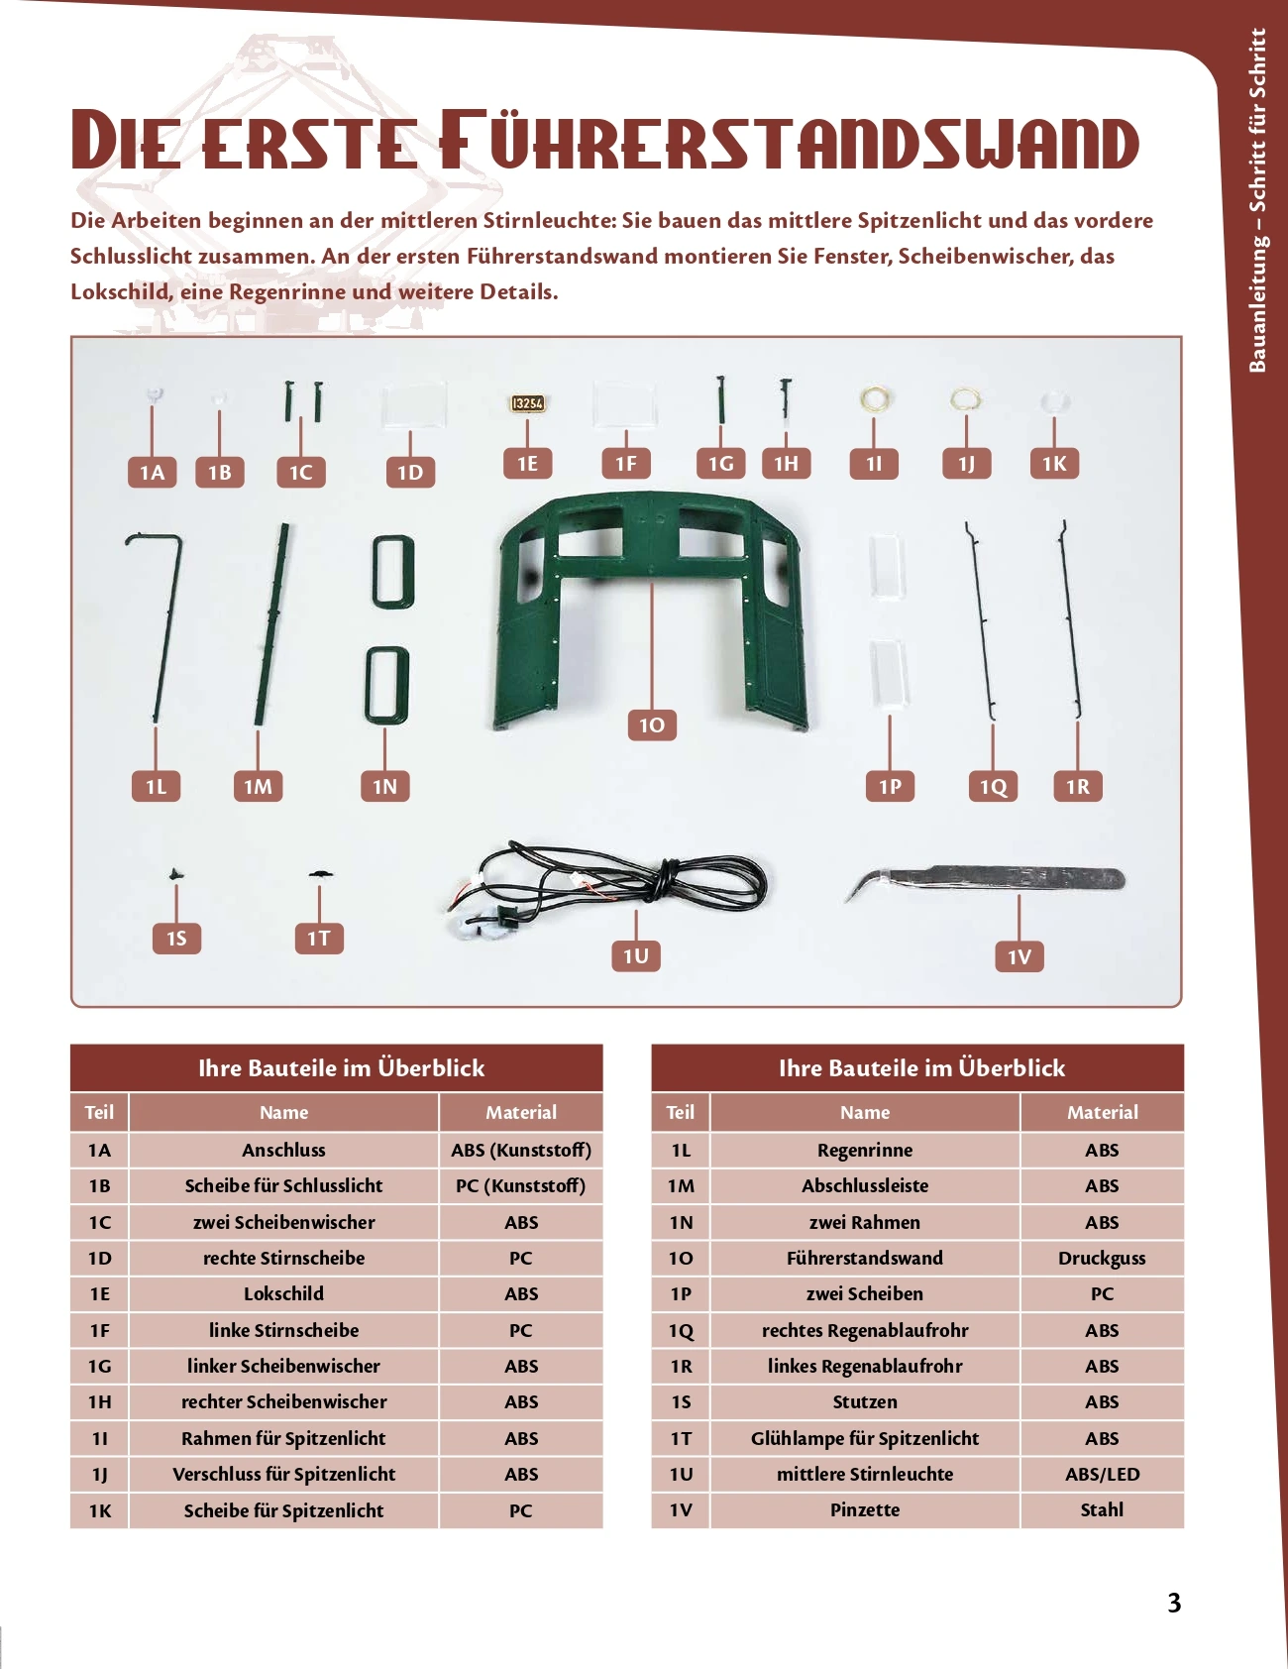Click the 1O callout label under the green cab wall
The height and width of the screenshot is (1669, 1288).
coord(652,725)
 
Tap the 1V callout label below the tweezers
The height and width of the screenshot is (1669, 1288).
coord(1020,956)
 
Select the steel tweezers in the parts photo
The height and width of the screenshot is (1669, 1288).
coord(986,880)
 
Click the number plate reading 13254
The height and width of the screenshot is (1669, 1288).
coord(528,403)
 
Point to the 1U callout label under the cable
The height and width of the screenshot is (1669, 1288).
coord(635,955)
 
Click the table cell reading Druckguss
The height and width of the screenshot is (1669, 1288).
coord(1102,1258)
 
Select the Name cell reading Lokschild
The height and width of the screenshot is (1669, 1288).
coord(283,1293)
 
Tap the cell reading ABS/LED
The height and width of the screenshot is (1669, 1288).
coord(1102,1474)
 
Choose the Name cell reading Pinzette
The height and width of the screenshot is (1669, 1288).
coord(865,1509)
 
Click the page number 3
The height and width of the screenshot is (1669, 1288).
coord(1174,1603)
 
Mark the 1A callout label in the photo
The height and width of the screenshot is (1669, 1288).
coord(152,473)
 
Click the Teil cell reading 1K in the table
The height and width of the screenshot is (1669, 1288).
coord(99,1510)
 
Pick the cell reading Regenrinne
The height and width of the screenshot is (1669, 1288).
coord(865,1150)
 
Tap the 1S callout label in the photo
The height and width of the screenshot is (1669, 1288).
coord(176,938)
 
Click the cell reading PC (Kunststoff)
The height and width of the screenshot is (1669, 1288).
coord(520,1185)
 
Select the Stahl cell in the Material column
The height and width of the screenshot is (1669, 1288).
coord(1102,1509)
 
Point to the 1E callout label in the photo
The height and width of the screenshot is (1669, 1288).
coord(527,463)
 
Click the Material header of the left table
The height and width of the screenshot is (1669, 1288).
coord(520,1112)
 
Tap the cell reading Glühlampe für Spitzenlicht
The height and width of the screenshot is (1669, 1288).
coord(865,1438)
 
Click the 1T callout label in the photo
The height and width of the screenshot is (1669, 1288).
coord(319,938)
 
